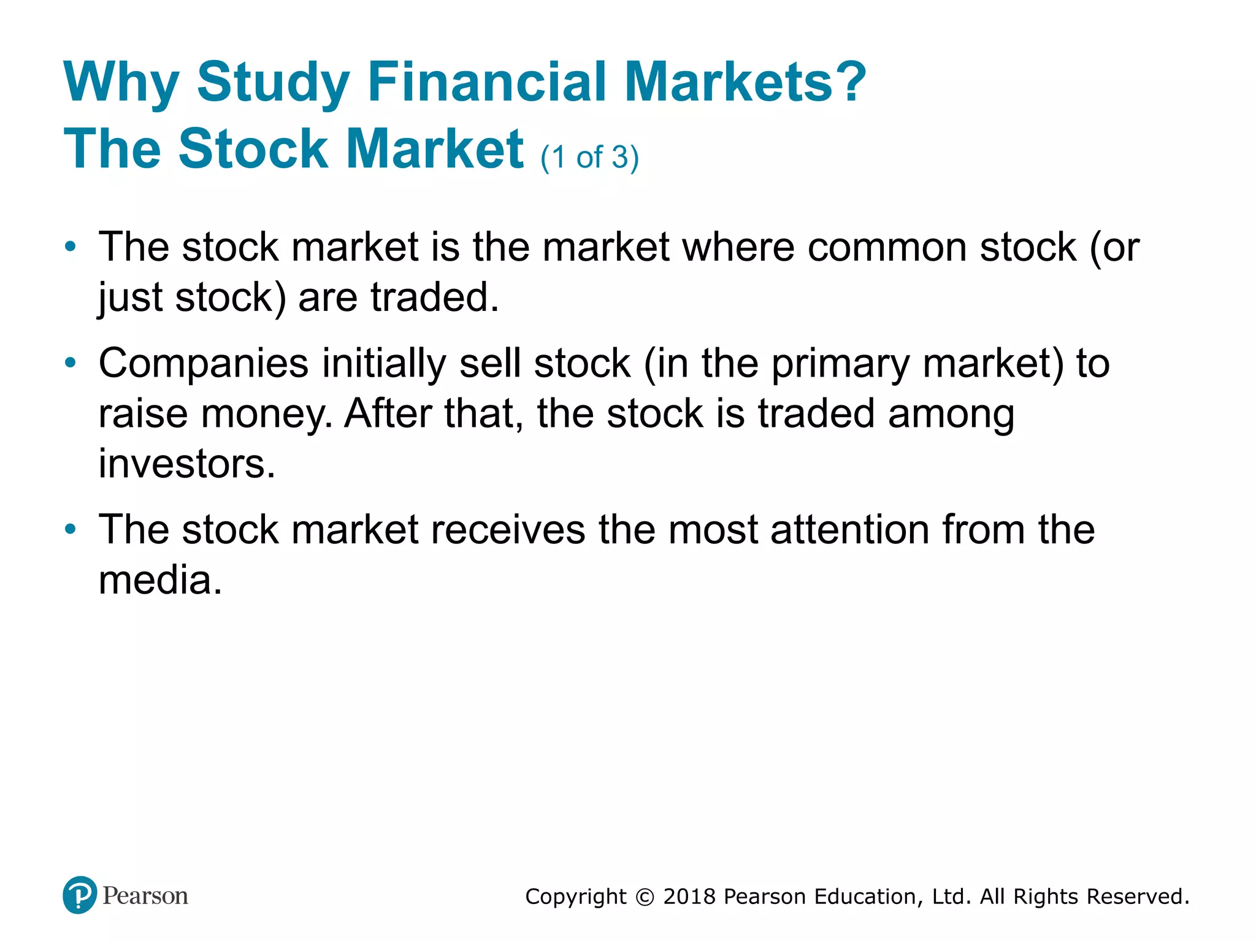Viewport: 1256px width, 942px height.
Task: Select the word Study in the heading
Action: point(273,83)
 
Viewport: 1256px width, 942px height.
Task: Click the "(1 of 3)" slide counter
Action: point(589,158)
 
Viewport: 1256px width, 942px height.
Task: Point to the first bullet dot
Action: point(71,247)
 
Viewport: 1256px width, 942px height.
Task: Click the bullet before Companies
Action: point(71,363)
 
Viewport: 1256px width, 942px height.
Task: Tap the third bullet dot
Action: point(71,529)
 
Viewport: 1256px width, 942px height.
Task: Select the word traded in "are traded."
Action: point(434,297)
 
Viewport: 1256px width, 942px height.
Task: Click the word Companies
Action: point(203,364)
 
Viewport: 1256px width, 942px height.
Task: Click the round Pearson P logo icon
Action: point(80,895)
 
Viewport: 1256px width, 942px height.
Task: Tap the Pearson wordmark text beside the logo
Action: point(145,895)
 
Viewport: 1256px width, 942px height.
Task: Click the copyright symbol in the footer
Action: point(645,897)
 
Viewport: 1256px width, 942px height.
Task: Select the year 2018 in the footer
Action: point(689,897)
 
